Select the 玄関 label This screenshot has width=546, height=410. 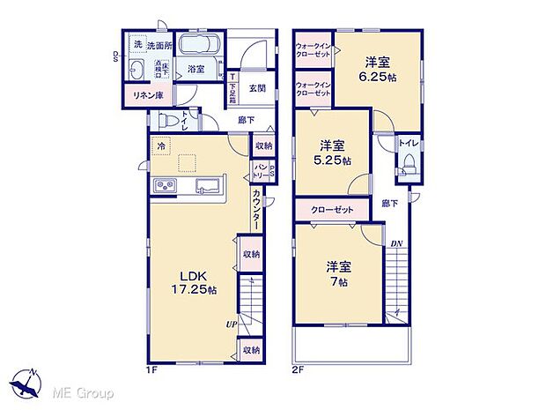point(256,88)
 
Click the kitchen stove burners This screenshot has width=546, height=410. point(165,184)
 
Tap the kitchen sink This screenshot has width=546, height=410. point(209,184)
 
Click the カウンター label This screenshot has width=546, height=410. point(256,211)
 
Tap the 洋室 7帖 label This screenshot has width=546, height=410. point(338,272)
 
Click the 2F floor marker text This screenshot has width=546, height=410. point(299,371)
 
